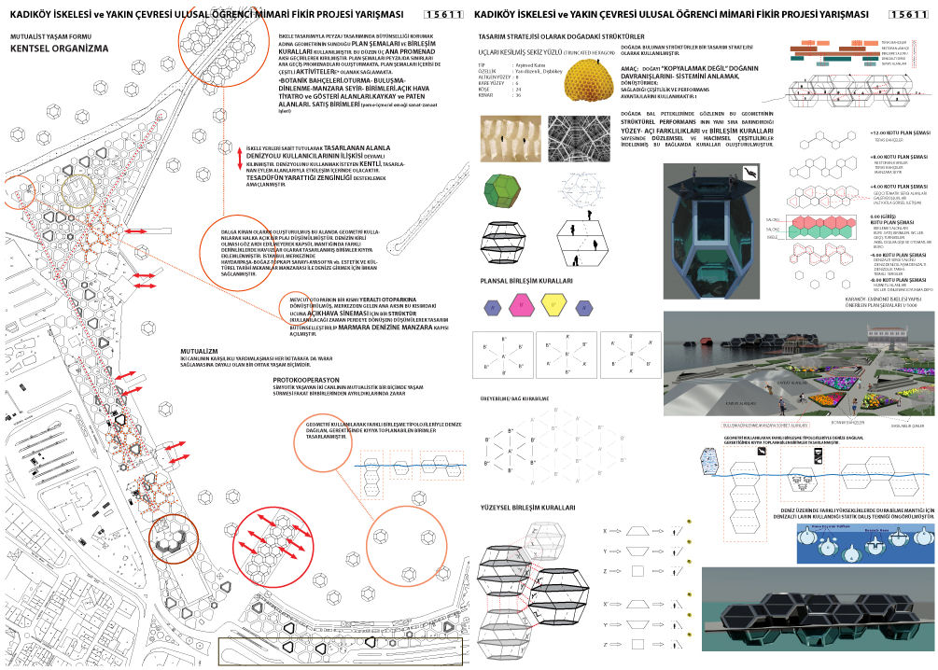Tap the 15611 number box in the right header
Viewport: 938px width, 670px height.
pos(909,13)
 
